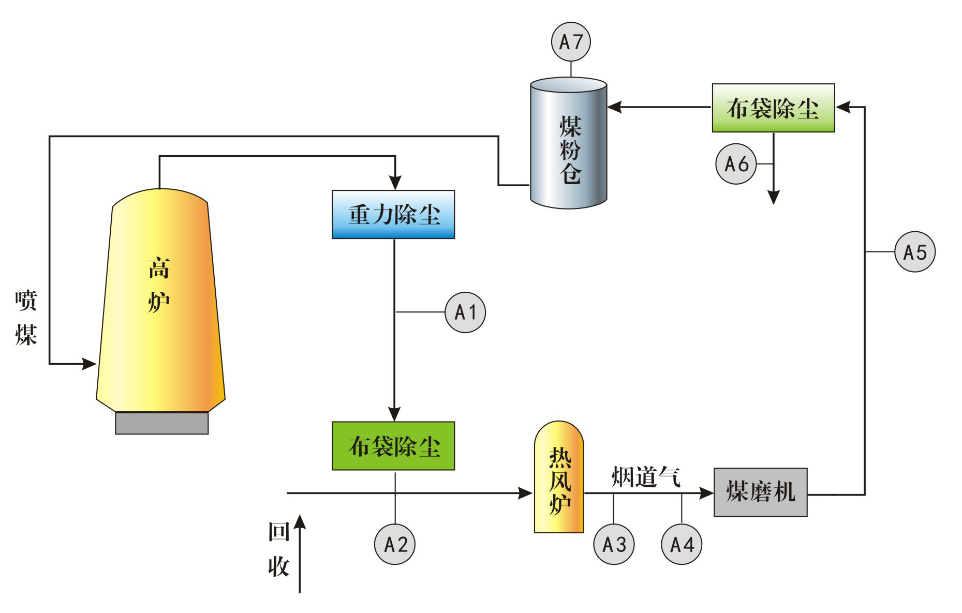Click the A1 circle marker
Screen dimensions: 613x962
coord(465,312)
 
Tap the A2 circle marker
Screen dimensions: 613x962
coord(395,544)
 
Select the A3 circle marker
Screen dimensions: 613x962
coord(614,544)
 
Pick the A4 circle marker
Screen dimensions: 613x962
coord(682,544)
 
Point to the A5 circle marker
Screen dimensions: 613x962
coord(914,252)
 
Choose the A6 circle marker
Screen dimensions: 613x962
coord(736,164)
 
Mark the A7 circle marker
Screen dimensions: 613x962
coord(571,41)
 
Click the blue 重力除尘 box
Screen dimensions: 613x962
coord(393,214)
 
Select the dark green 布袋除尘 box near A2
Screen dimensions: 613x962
coord(393,446)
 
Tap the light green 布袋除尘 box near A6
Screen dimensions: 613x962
coord(773,108)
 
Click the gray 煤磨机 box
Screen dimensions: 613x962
coord(760,492)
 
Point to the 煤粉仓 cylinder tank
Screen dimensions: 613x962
coord(569,145)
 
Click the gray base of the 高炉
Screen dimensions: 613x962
coord(161,423)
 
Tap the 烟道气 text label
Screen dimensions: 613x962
coord(645,476)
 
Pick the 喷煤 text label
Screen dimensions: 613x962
coord(26,317)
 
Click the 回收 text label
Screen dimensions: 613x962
coord(278,549)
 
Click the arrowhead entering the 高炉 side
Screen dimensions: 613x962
coord(89,364)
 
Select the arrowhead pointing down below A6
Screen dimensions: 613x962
coord(773,197)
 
